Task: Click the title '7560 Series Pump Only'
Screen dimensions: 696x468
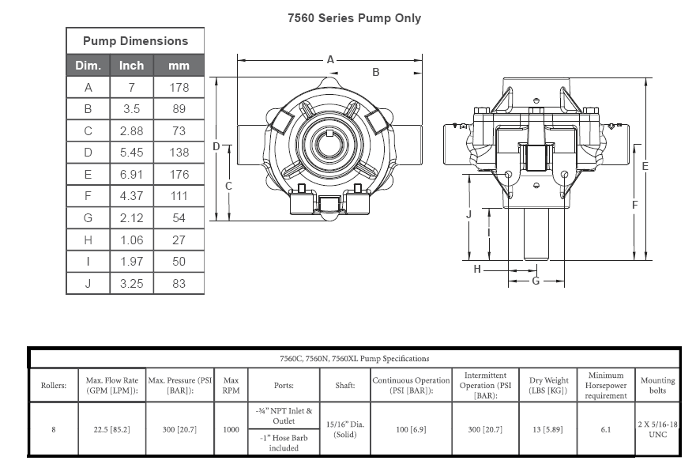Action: (354, 18)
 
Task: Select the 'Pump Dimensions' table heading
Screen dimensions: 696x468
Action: (135, 41)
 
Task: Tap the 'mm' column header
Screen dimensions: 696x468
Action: (179, 66)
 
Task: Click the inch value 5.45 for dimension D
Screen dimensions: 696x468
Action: (131, 153)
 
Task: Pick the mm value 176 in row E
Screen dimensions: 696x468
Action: (179, 175)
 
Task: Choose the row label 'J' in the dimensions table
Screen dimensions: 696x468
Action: (88, 283)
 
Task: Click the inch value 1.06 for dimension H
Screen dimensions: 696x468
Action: (131, 240)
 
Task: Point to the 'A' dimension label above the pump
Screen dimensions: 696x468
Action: (330, 59)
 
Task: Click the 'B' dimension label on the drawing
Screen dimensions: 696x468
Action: (375, 72)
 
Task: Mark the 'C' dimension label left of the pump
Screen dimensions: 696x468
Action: (228, 186)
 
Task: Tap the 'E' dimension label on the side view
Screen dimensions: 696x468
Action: (645, 166)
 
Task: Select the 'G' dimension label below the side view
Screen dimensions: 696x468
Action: (536, 281)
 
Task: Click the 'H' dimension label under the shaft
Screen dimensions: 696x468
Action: (477, 269)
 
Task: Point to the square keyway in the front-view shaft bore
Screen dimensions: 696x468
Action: (329, 134)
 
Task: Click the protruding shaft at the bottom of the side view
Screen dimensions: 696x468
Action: (536, 233)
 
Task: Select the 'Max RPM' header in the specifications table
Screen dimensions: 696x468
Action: (231, 386)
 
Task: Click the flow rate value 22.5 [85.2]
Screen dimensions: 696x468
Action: (112, 429)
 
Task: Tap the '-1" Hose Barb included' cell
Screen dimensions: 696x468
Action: (284, 443)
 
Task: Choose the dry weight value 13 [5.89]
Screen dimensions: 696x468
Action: (547, 429)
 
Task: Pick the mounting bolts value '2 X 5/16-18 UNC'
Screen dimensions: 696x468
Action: (658, 429)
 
